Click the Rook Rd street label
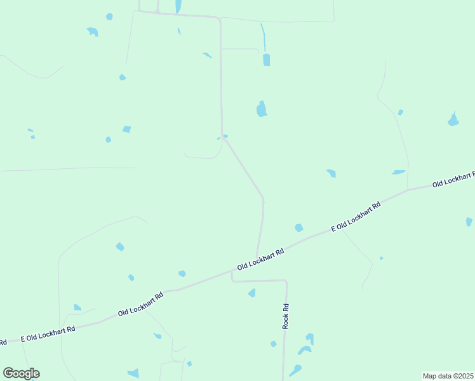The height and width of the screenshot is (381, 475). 286,316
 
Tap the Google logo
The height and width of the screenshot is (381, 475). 21,373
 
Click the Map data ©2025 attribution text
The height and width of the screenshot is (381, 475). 448,376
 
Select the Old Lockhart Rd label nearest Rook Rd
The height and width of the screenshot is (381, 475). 260,259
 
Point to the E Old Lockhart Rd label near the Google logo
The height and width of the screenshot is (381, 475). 48,333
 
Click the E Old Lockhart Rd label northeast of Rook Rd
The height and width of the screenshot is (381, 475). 356,217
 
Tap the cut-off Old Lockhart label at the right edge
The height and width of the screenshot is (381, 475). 453,180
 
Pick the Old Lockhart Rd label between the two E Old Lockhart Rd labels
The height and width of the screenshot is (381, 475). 141,304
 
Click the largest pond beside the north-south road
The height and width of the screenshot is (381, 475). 261,109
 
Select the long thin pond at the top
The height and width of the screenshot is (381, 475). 263,37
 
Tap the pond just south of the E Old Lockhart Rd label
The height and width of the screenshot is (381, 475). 298,227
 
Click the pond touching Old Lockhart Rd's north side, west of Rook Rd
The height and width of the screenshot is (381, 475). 182,274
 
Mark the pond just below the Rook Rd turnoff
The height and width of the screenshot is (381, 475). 252,293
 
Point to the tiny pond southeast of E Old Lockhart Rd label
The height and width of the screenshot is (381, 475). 381,258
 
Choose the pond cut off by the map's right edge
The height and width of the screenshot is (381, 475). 469,222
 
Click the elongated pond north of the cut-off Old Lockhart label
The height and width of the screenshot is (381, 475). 398,172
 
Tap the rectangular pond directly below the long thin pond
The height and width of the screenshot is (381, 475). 266,60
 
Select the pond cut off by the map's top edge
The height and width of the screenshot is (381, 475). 178,6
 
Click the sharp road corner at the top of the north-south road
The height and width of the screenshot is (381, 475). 220,18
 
